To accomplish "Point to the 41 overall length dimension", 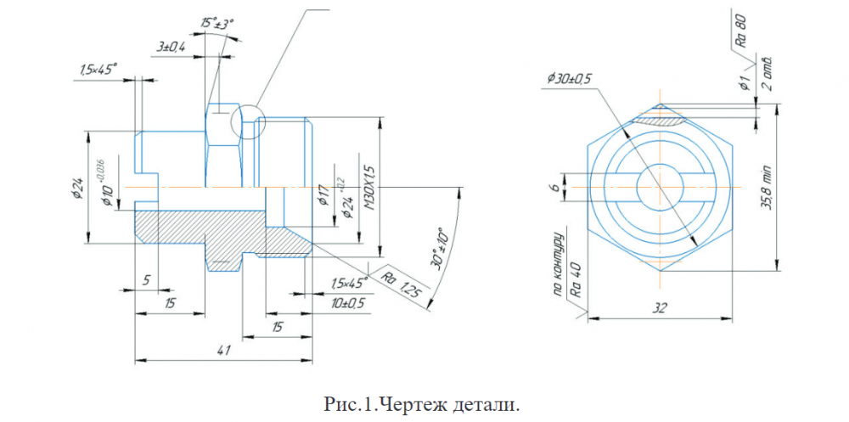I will [x=222, y=349].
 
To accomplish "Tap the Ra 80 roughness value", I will [x=740, y=30].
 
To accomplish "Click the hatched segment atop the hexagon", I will [x=660, y=120].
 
